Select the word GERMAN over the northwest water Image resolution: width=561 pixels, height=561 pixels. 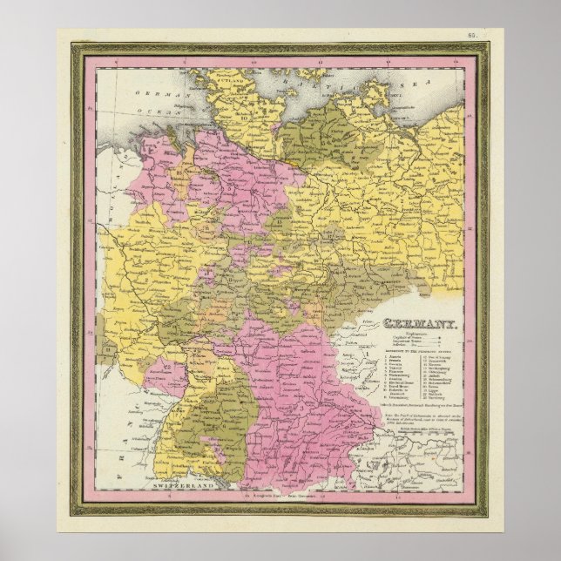148,92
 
